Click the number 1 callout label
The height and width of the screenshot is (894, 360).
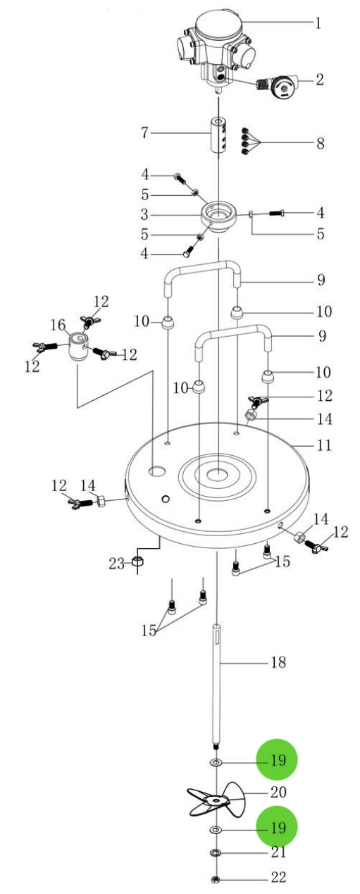click(318, 23)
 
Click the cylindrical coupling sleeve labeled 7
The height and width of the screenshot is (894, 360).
click(218, 135)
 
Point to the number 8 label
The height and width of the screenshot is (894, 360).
click(321, 143)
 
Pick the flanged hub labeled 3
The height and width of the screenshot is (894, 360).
click(218, 217)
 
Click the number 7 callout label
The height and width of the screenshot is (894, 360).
click(144, 132)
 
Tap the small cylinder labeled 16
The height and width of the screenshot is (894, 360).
click(77, 347)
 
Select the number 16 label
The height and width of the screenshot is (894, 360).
click(58, 325)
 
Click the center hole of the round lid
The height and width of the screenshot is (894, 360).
click(218, 473)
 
